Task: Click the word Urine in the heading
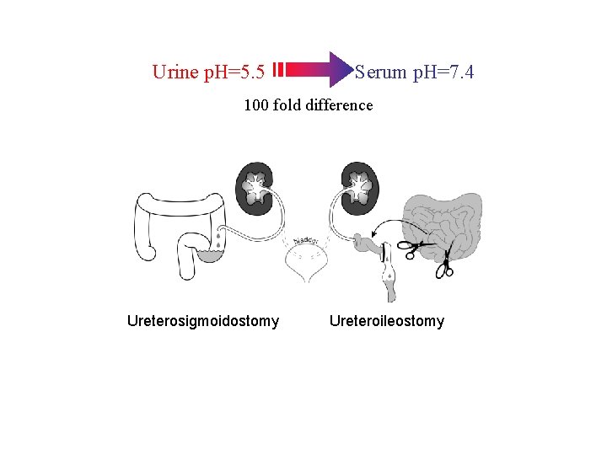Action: (175, 72)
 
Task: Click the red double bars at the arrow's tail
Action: (277, 69)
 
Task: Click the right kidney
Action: (360, 185)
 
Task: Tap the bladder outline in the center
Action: (308, 265)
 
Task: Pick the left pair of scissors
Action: (409, 249)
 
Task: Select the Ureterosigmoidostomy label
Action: (203, 321)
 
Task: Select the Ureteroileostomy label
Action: (387, 321)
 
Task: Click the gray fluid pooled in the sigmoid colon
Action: (215, 252)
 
